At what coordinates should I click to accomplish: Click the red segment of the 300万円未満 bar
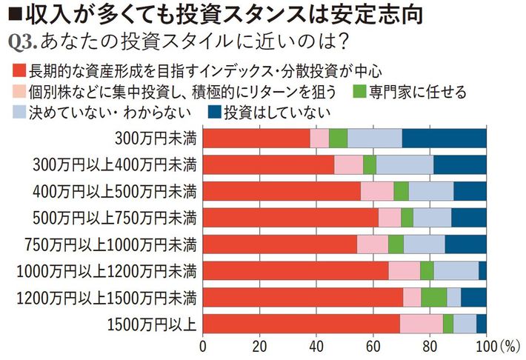(256, 138)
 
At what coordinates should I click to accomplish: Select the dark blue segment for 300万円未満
(445, 138)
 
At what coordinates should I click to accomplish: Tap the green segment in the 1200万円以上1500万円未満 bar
(434, 297)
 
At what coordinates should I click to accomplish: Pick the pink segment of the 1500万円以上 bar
(422, 324)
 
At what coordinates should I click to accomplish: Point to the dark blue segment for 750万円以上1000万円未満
(466, 244)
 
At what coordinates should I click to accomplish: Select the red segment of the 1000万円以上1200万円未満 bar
(296, 270)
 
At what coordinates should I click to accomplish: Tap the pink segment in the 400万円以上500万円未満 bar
(377, 191)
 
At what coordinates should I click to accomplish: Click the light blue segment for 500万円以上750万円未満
(432, 218)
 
